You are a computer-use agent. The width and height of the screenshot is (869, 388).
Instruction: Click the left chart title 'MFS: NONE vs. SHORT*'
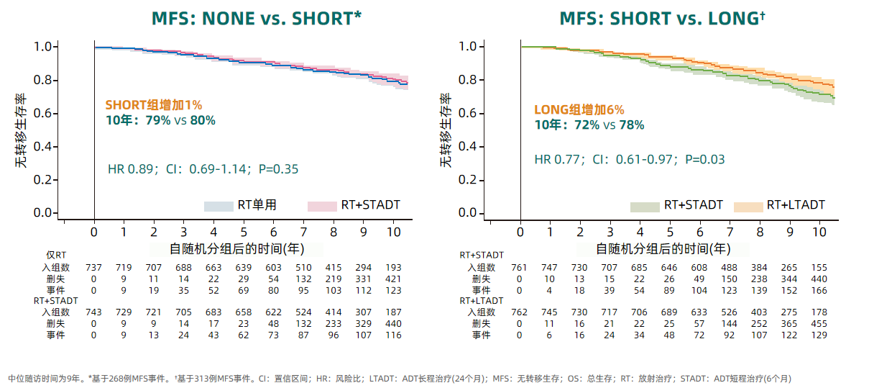[256, 19]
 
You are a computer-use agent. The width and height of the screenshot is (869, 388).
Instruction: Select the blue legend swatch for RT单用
[219, 206]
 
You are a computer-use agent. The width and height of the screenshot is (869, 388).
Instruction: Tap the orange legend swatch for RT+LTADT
[748, 206]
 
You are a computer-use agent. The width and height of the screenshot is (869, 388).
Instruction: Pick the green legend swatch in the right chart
[645, 206]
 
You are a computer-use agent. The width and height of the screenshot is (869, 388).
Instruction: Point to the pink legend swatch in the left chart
[322, 206]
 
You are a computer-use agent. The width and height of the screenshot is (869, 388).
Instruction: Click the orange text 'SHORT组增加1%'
[154, 105]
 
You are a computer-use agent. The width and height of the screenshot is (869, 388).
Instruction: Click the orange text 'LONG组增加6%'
[579, 109]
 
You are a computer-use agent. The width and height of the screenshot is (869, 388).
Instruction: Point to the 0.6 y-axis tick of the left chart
[45, 113]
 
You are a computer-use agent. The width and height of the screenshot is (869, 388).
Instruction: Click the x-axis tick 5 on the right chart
[670, 232]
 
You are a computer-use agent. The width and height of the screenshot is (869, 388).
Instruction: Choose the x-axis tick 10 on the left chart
[393, 232]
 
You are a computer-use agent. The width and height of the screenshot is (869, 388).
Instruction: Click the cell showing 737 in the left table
[93, 268]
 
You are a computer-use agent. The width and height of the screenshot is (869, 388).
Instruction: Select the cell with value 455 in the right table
[819, 324]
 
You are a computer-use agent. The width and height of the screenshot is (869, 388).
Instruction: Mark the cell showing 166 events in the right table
[819, 290]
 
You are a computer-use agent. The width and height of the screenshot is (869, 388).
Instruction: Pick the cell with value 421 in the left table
[393, 279]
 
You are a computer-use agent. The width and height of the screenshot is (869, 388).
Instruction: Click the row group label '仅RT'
[56, 256]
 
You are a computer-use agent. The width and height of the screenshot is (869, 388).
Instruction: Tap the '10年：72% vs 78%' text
[589, 125]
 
